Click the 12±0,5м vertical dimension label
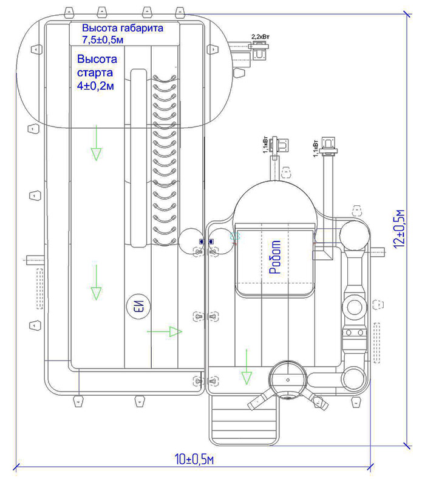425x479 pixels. point(399,228)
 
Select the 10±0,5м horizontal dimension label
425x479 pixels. point(194,459)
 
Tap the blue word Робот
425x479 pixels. point(275,257)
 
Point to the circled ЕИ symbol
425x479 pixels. point(139,307)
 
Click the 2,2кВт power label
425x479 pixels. point(260,36)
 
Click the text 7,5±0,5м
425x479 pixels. point(103,39)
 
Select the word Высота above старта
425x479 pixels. point(97,59)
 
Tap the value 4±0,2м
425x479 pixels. point(95,86)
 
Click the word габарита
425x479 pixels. point(142,28)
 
